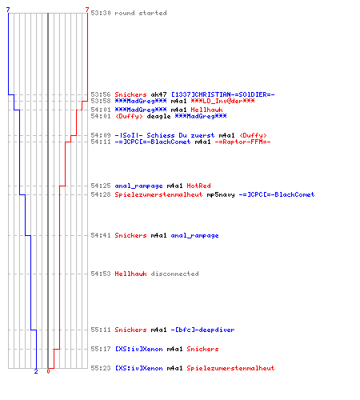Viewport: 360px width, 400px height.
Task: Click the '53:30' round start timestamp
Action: (101, 13)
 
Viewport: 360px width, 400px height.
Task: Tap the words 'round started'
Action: (141, 13)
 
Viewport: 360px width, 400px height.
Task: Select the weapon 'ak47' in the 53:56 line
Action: (158, 94)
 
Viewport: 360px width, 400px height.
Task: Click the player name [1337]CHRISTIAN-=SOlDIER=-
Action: (223, 94)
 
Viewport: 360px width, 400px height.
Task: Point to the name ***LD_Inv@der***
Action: (222, 101)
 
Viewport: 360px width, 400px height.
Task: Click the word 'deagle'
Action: (158, 116)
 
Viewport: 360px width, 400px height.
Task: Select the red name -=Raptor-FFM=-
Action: (242, 142)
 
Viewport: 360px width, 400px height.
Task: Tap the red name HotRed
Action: (198, 186)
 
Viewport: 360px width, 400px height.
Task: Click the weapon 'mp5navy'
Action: (221, 194)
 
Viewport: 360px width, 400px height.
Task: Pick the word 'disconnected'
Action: (174, 274)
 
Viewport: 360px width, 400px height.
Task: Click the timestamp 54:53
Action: (101, 274)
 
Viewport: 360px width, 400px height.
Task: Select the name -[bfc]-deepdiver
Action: (202, 330)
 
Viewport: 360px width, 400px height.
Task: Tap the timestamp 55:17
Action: (101, 349)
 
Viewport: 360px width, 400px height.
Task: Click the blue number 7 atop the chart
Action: (8, 10)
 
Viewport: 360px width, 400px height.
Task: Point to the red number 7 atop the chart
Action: (87, 10)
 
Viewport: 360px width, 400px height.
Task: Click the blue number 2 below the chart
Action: (36, 371)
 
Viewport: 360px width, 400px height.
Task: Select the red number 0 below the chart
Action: (48, 371)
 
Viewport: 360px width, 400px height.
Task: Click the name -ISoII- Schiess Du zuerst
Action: (165, 135)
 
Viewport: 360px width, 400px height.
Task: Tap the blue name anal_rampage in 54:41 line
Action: (194, 236)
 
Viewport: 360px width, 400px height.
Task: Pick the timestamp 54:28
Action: (101, 194)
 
